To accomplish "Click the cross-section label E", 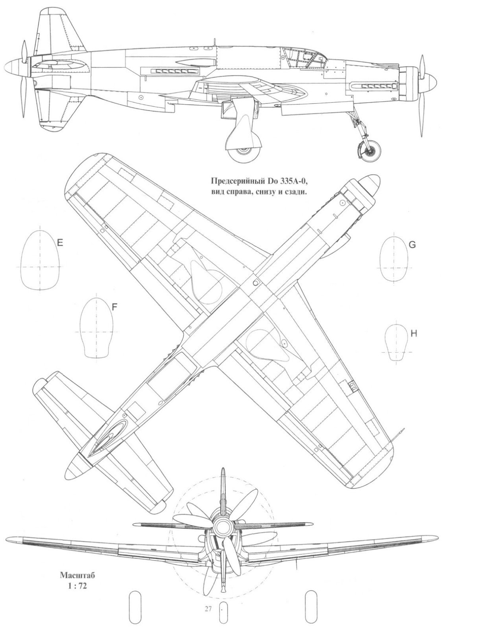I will [x=60, y=243].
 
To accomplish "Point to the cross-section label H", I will [x=414, y=334].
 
